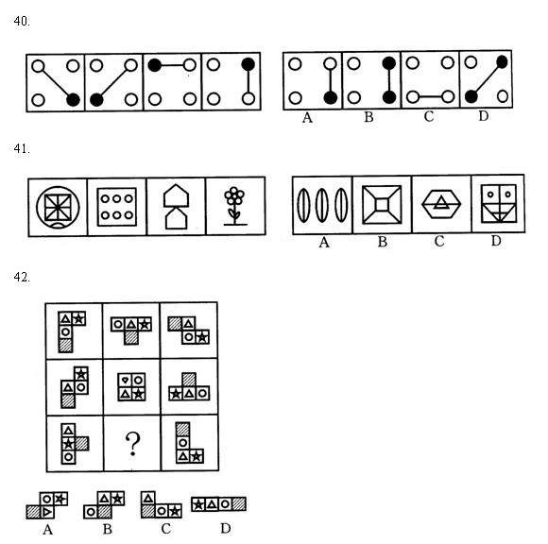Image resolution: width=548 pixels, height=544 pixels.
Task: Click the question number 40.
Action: point(22,22)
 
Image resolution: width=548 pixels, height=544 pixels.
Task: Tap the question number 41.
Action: point(22,149)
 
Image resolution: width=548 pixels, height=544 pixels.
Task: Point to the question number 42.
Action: point(22,277)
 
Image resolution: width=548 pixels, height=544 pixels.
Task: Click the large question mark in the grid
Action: point(133,444)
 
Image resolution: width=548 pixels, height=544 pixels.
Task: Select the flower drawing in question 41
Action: point(235,206)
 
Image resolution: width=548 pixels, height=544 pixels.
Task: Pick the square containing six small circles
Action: point(117,207)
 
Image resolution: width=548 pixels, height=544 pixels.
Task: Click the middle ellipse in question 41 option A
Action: point(322,205)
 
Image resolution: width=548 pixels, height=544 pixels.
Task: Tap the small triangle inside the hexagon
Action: point(442,203)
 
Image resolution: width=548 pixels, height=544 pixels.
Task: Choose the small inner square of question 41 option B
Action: point(382,205)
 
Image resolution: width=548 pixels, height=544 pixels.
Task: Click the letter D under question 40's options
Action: point(484,116)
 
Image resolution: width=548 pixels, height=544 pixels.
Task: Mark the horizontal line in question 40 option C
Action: point(430,96)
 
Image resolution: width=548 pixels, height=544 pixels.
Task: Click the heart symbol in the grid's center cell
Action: point(125,380)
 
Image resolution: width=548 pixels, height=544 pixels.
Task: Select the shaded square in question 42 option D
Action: point(239,504)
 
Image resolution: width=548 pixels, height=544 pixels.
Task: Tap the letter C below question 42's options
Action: point(166,529)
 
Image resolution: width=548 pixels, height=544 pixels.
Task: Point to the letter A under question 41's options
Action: point(324,242)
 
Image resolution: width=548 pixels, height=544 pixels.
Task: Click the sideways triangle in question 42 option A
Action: point(47,512)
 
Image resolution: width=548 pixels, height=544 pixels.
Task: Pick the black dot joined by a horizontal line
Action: point(154,65)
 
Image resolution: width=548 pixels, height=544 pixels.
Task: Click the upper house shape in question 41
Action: point(177,195)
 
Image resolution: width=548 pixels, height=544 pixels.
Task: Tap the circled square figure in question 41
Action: point(58,207)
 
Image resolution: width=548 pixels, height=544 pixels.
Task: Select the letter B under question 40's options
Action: point(368,117)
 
